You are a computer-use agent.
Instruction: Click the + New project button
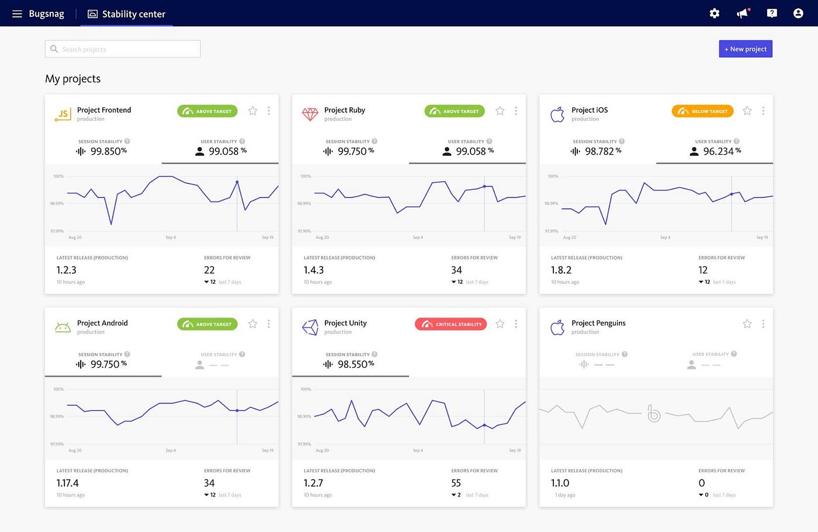pos(745,49)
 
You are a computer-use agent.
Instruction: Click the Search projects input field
pos(123,49)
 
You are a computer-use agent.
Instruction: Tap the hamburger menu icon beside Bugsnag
pos(17,13)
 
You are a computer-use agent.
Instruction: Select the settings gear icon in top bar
pos(714,13)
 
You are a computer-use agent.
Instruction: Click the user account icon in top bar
pos(798,13)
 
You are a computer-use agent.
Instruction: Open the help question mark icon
pos(771,13)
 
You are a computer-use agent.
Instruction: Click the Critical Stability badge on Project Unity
pos(450,324)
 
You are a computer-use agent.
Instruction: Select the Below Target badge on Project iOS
pos(702,111)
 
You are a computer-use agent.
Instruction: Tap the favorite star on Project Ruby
pos(500,111)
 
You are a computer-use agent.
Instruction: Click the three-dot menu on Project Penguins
pos(763,324)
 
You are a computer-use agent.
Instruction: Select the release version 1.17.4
pos(68,483)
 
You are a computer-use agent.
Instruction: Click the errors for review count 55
pos(456,483)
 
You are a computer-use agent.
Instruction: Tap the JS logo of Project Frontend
pos(63,114)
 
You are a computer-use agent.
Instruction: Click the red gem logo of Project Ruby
pos(310,114)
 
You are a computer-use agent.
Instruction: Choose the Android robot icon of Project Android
pos(63,328)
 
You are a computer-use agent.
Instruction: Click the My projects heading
pos(73,79)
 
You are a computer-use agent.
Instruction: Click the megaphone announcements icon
pos(743,13)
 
